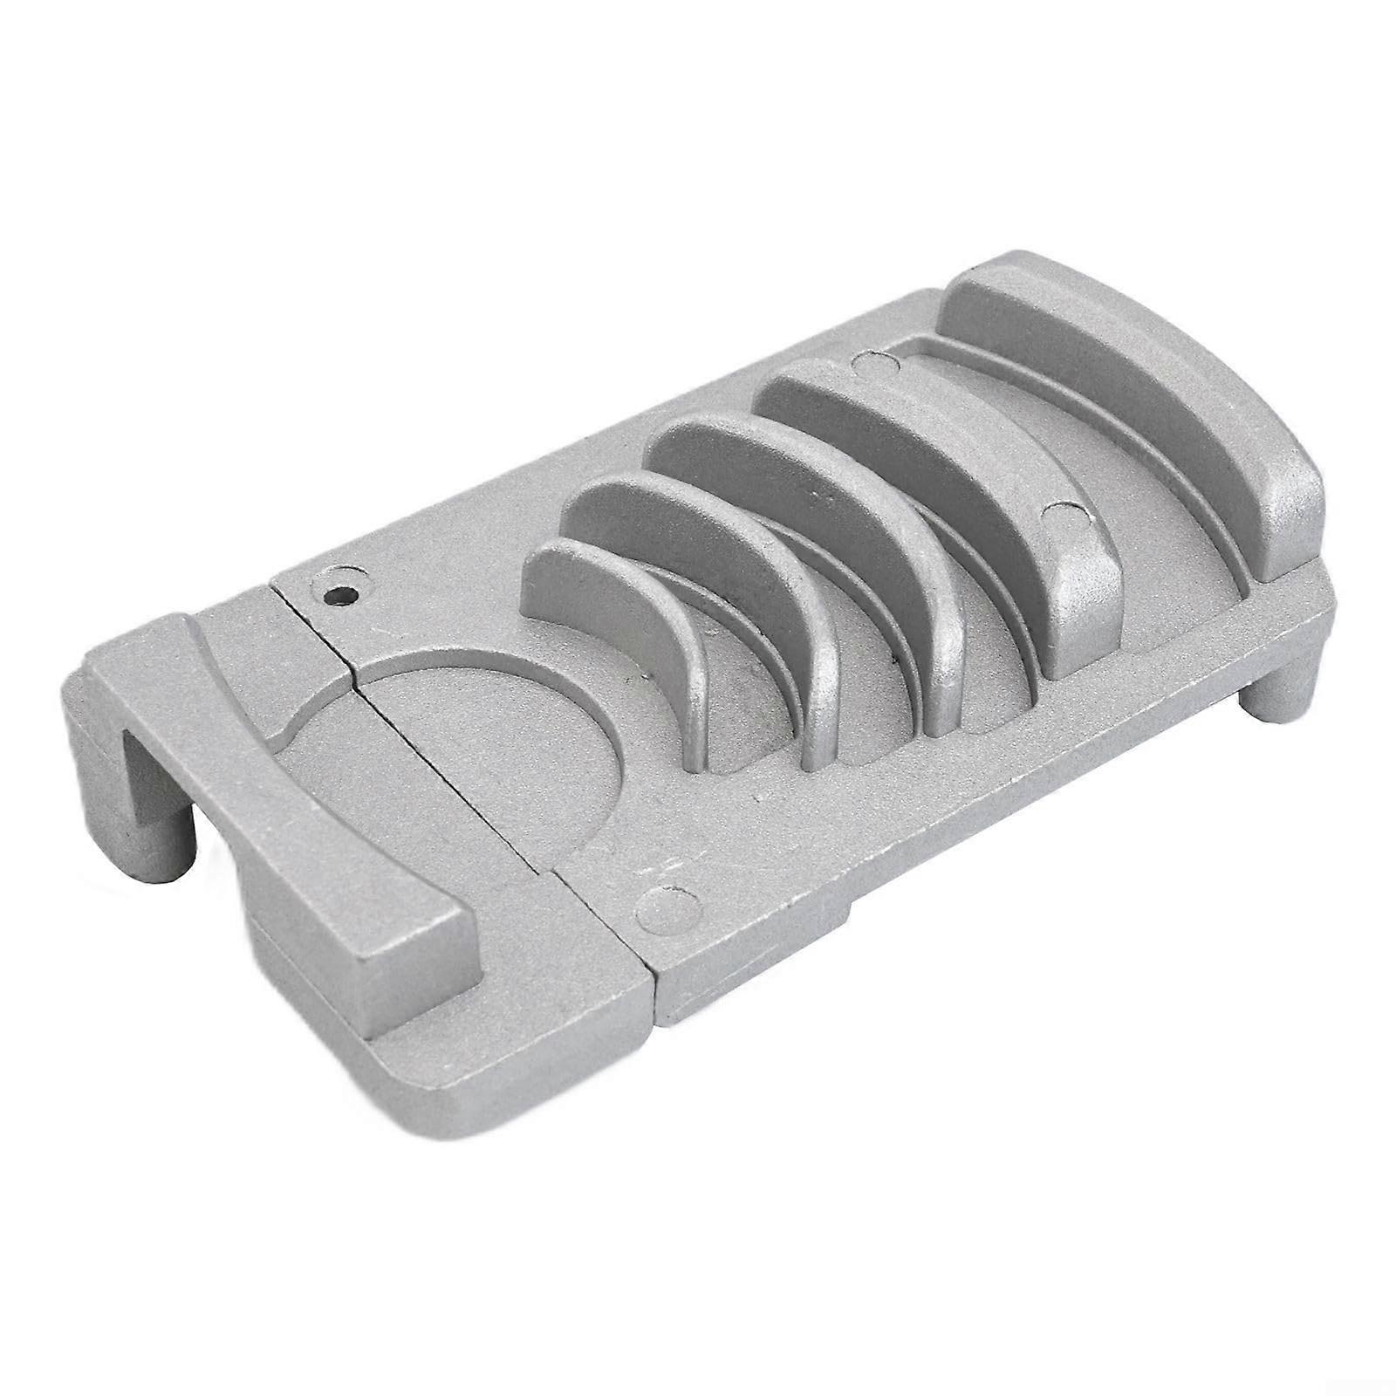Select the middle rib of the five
coord(811,489)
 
